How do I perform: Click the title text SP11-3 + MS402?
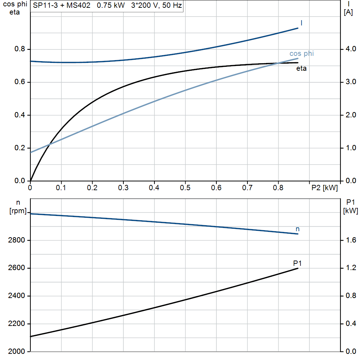62,5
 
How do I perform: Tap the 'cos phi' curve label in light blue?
302,54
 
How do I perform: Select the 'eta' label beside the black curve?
301,68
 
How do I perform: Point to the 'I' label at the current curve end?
301,23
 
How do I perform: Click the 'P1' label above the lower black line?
297,263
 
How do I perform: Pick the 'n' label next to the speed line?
298,229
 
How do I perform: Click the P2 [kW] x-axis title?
325,188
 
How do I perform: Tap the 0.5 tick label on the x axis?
185,188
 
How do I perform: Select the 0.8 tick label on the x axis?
278,188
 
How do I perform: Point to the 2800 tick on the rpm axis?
16,240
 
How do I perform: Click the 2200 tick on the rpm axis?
16,324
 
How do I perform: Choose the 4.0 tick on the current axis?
351,49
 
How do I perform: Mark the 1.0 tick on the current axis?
351,148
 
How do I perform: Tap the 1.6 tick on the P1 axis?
351,240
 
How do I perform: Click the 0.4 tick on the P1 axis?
351,324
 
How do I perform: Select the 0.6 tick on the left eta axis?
20,82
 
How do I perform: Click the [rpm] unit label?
18,211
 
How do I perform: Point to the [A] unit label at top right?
348,12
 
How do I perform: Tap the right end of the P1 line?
298,268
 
